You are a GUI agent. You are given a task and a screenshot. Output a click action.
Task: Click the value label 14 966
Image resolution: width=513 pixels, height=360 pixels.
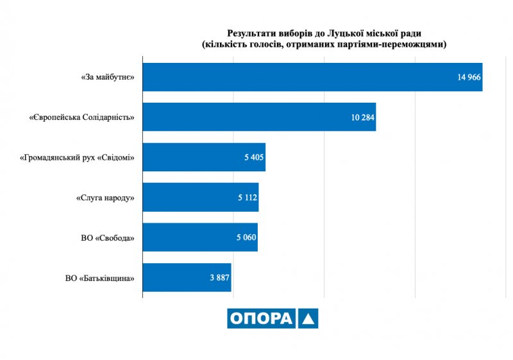coord(469,77)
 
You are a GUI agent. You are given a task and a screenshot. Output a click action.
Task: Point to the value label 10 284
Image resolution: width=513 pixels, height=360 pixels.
coord(362,117)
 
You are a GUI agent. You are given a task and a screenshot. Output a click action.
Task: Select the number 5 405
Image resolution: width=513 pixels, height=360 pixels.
coord(254,157)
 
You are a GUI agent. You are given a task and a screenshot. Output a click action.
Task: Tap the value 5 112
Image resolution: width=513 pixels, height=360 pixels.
coord(247,198)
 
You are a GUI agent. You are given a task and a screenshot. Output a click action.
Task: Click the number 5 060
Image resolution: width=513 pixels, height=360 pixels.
coord(246,237)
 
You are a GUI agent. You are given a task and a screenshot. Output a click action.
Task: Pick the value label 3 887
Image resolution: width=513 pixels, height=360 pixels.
coord(219,278)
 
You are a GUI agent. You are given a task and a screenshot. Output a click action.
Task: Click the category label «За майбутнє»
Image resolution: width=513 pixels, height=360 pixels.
coord(107,77)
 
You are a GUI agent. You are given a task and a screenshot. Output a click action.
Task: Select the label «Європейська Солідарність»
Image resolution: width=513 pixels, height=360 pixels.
coord(82,117)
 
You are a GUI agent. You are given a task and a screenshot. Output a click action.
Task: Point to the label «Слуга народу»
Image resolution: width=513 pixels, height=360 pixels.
coord(105,198)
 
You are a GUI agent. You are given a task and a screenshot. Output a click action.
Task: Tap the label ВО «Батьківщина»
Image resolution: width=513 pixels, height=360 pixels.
coord(99,278)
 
